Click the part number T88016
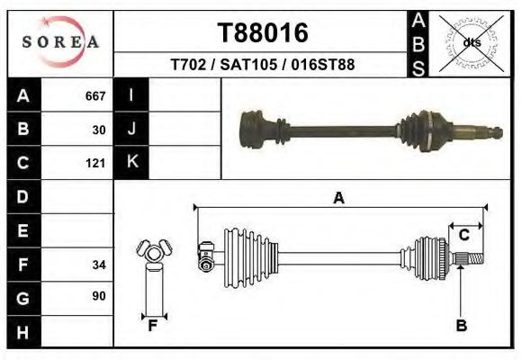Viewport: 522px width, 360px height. point(263,32)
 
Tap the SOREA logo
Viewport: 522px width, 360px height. point(60,42)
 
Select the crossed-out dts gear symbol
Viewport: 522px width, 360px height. point(471,41)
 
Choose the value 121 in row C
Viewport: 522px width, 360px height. point(95,164)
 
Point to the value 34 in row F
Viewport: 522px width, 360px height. point(99,265)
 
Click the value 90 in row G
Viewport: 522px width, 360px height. point(99,296)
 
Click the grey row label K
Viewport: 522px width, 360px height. point(131,163)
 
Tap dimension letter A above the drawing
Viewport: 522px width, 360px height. point(338,198)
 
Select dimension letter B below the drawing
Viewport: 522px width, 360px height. point(461,326)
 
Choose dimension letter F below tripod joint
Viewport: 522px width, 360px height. point(153,326)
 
